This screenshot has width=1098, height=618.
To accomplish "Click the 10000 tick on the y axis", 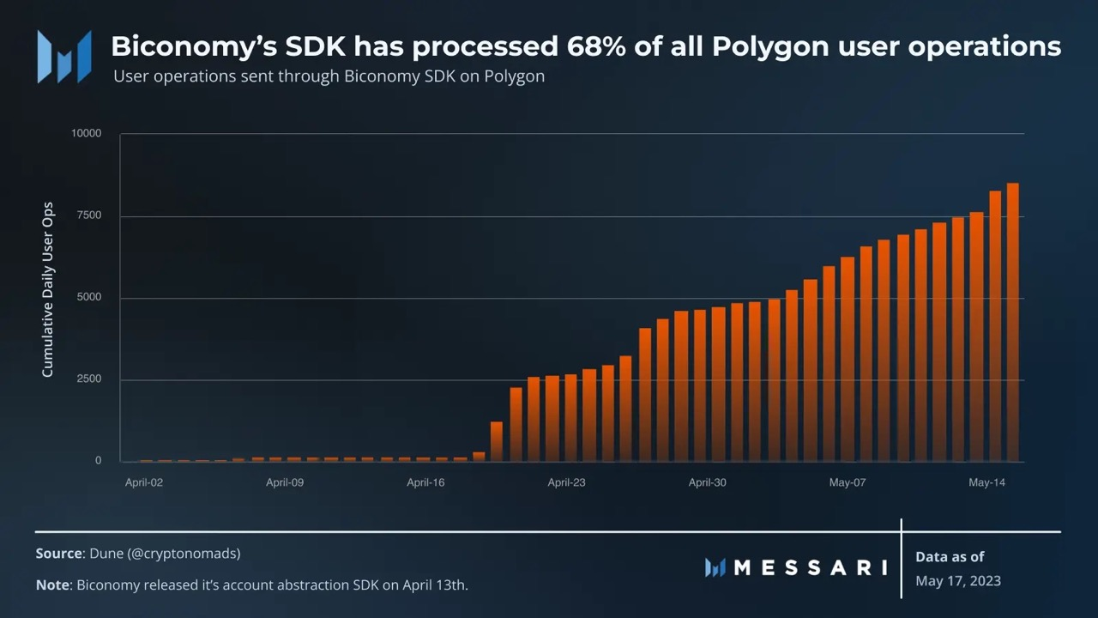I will [x=86, y=134].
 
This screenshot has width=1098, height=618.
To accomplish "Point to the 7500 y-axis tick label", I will [x=87, y=215].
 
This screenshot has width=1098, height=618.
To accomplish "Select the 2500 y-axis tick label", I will [x=87, y=379].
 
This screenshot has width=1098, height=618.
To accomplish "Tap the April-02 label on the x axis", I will [x=144, y=482].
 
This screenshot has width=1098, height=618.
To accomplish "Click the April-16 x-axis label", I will [x=425, y=482].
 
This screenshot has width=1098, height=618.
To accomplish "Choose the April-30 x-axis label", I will [x=707, y=482].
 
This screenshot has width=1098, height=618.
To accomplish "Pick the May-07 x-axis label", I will [x=848, y=482].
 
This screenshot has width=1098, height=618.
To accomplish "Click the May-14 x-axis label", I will [x=987, y=482].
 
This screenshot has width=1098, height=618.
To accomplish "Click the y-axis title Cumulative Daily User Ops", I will [x=48, y=290].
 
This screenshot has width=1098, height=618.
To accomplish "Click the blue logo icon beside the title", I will [x=64, y=57].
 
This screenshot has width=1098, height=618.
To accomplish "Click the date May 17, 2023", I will [x=958, y=581].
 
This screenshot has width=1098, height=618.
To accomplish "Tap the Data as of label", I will [x=950, y=556].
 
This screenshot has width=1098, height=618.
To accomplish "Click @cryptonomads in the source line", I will [x=184, y=554].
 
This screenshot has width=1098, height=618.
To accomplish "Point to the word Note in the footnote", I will [x=52, y=585].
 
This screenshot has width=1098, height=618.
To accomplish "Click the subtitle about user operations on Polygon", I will [x=329, y=76].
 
